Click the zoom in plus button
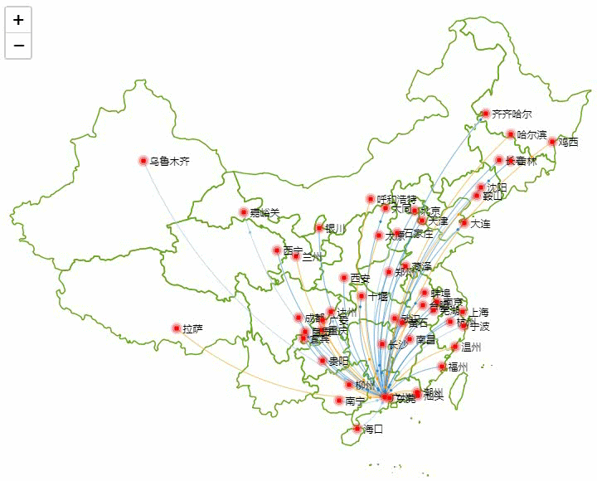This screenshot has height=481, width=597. pos(18,20)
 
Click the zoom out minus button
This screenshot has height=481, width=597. pos(18,46)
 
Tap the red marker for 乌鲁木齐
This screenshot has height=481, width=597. pos(143,161)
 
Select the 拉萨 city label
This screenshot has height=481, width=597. pos(192,329)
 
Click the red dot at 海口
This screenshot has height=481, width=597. pos(357,429)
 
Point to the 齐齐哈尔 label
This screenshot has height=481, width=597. pos(512,114)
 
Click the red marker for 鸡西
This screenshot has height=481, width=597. pos(551,142)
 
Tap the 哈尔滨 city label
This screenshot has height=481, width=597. pos(531,134)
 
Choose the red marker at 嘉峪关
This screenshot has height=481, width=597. pos(243,213)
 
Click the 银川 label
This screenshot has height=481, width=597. pos(334,228)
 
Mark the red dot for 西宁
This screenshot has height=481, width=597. pos(277,250)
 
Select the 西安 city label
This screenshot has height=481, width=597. pos(361,278)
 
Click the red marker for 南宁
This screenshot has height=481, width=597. pos(338,401)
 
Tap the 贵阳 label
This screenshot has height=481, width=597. pos(338,361)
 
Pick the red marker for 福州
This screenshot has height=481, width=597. pos(442,367)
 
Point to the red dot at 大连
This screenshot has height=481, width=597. pos(464,223)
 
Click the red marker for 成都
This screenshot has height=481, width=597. pos(298,318)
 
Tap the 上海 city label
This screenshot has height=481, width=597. pos(479,312)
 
